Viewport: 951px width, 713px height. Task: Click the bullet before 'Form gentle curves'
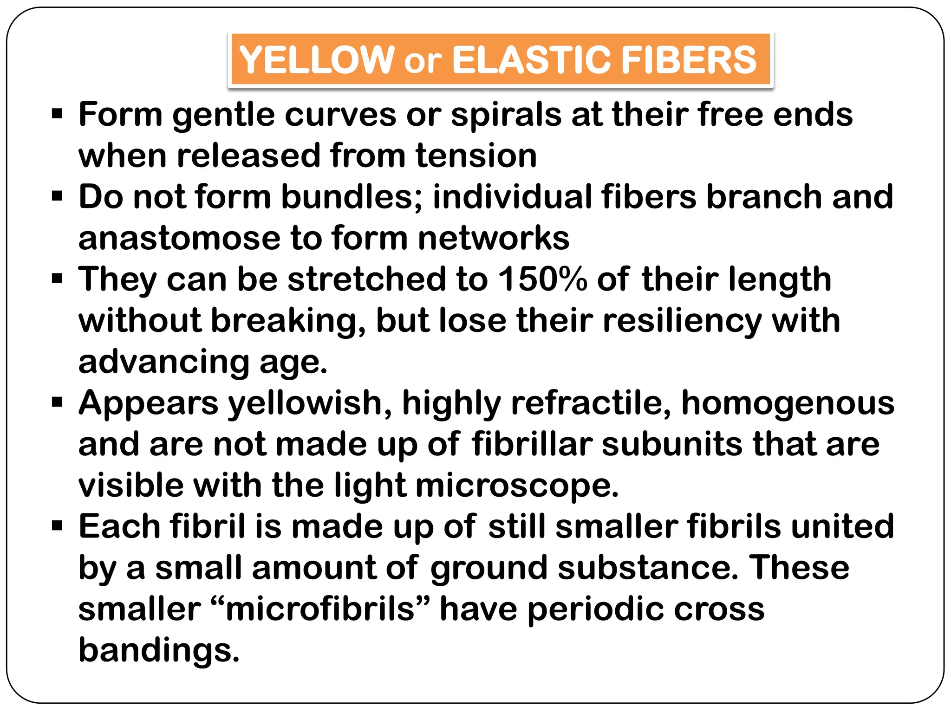pyautogui.click(x=57, y=114)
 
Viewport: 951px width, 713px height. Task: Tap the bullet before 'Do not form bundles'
pyautogui.click(x=57, y=197)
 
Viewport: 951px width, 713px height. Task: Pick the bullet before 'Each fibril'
pyautogui.click(x=57, y=526)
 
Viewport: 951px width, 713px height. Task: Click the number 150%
pyautogui.click(x=542, y=279)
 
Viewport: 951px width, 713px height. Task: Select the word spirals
pyautogui.click(x=506, y=114)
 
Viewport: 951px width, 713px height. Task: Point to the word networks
pyautogui.click(x=494, y=238)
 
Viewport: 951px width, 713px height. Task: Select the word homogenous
pyautogui.click(x=788, y=403)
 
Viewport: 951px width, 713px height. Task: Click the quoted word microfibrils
pyautogui.click(x=320, y=609)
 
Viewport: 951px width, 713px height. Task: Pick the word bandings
pyautogui.click(x=158, y=650)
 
